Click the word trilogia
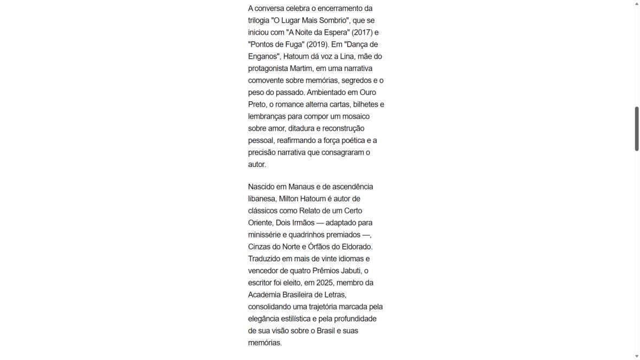pos(260,21)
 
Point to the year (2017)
pos(363,33)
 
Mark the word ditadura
pos(303,128)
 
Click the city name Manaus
pos(301,187)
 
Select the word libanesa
pos(262,198)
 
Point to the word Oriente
pos(261,223)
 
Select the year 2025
pos(326,282)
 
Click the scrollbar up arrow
pos(637,4)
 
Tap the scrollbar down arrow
pos(637,356)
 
